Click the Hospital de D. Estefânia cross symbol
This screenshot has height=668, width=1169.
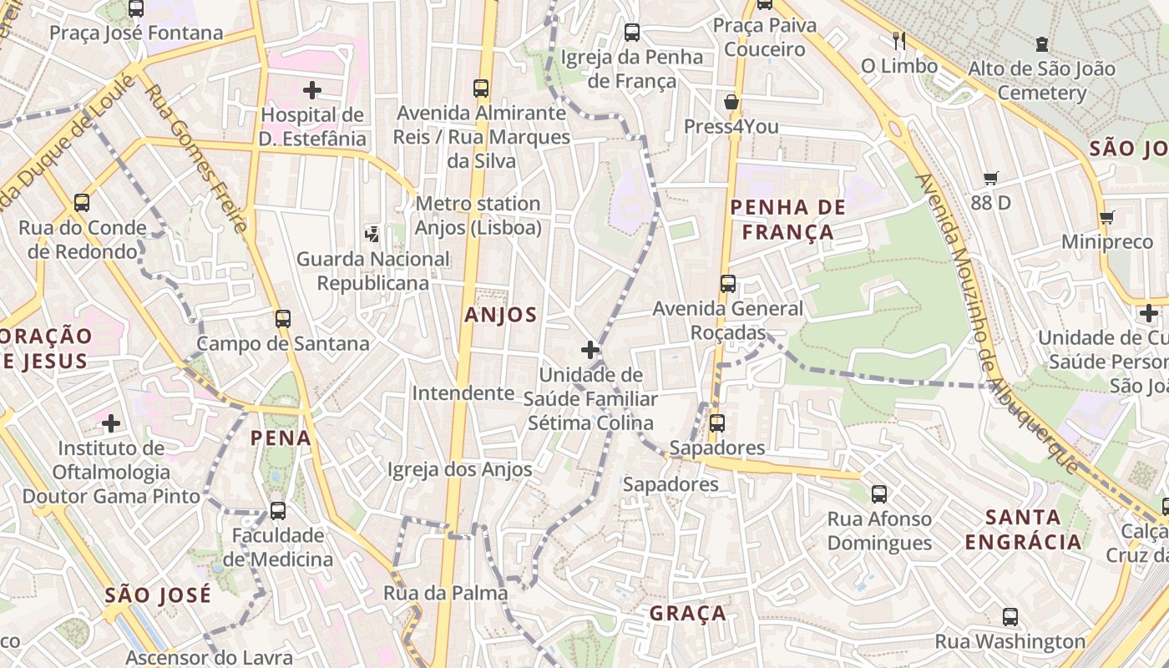pos(312,89)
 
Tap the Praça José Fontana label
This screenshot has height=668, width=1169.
pos(136,33)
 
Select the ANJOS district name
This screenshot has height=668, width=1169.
pos(501,315)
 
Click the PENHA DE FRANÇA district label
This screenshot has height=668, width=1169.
pos(787,220)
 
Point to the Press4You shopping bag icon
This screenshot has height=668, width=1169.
pos(731,103)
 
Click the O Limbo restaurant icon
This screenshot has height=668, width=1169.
pos(899,41)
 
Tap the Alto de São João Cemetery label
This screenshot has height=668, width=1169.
pos(1041,80)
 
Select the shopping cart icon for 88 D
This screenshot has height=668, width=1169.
pos(991,178)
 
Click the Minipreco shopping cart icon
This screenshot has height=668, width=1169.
pos(1107,218)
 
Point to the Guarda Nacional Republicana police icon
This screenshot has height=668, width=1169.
pos(372,235)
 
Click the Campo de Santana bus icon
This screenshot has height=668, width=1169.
pos(283,319)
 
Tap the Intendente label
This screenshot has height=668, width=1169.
pos(463,392)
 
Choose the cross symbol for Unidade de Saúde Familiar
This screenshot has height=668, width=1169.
pos(590,349)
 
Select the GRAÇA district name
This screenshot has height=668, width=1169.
pos(688,614)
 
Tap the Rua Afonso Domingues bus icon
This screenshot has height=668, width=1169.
pos(879,494)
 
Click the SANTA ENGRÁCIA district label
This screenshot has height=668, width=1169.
pos(1023,529)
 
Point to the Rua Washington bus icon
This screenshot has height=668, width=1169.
pos(1010,618)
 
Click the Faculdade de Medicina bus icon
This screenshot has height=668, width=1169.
pos(278,511)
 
